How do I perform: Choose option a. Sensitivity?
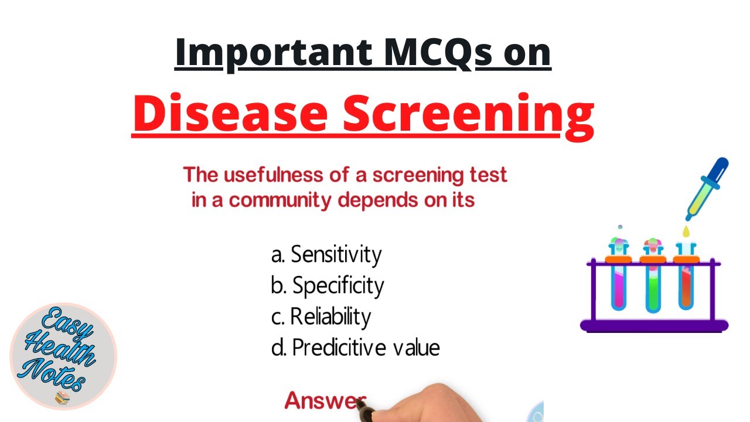point(326,254)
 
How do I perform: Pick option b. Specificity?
point(327,285)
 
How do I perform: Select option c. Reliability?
point(321,316)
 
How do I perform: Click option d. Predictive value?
point(355,348)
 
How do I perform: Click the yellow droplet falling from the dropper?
point(686,232)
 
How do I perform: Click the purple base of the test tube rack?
point(653,325)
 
